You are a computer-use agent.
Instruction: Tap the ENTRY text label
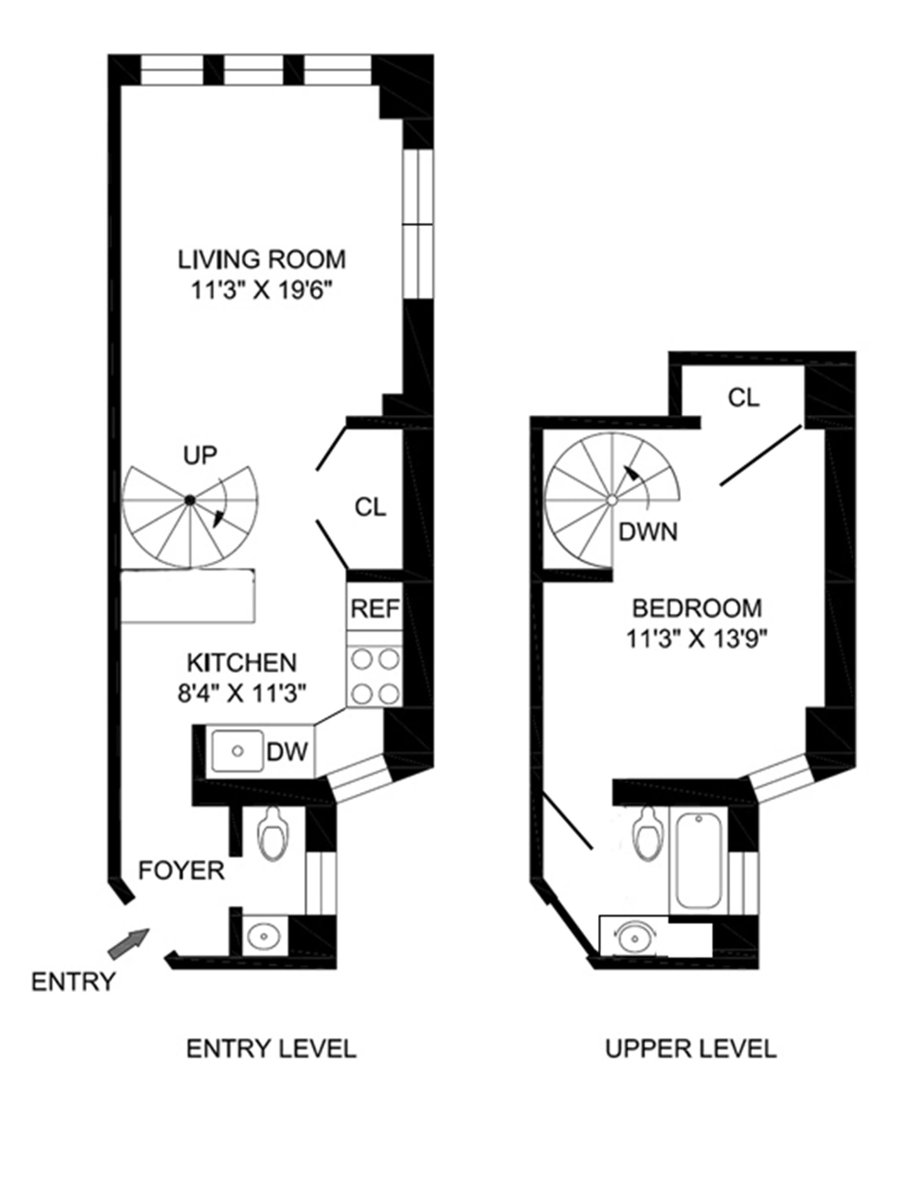point(74,982)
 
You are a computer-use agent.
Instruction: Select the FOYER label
point(181,871)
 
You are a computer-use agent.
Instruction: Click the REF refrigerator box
point(375,608)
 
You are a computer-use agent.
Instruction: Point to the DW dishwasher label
point(288,752)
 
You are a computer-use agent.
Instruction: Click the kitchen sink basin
point(237,752)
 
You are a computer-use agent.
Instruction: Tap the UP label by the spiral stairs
point(200,455)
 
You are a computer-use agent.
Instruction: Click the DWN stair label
point(648,532)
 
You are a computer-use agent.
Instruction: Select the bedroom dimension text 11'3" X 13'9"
point(696,639)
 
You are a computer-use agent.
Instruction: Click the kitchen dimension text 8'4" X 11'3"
point(242,694)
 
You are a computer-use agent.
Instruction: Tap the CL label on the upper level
point(744,399)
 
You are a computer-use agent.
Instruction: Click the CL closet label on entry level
point(370,507)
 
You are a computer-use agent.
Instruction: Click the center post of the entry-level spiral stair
point(190,499)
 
